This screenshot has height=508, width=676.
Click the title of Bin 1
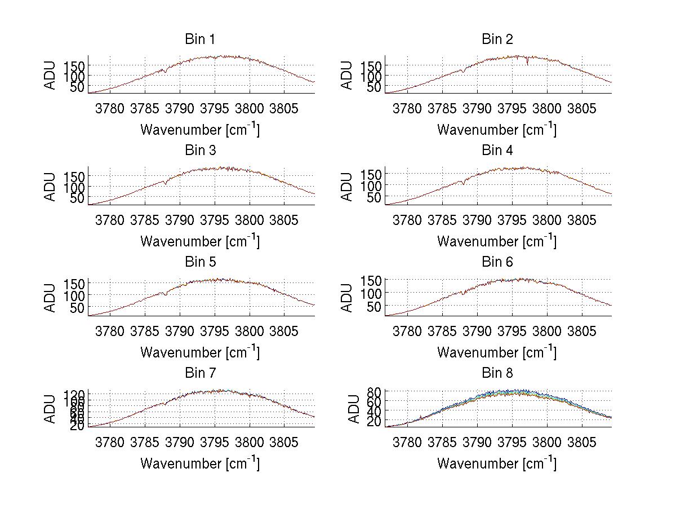click(x=199, y=39)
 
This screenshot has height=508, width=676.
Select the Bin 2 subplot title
click(x=497, y=39)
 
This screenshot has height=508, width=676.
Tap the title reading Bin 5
click(x=199, y=262)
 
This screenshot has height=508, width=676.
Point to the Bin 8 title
click(x=497, y=373)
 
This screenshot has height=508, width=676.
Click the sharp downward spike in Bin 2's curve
click(x=528, y=63)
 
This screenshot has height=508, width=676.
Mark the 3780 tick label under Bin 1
click(x=110, y=108)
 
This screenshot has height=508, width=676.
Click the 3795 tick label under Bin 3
click(x=215, y=219)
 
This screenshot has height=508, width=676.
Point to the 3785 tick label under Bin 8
click(x=442, y=441)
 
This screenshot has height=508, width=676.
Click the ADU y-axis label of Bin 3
click(x=51, y=187)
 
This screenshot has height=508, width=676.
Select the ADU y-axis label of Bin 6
click(x=348, y=298)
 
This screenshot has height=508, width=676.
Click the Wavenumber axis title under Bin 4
click(x=497, y=241)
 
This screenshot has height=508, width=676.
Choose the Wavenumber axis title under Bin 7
click(x=199, y=463)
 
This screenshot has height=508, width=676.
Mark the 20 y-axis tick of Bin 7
click(x=78, y=426)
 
